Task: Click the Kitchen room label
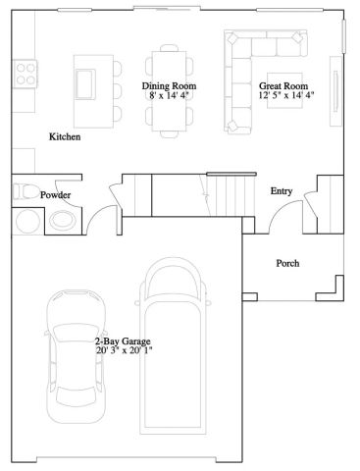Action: point(65,136)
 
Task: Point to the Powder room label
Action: point(55,195)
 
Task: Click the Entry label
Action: point(282,190)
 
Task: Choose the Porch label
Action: point(287,263)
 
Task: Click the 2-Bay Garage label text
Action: point(123,340)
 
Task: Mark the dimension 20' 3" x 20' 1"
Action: point(125,350)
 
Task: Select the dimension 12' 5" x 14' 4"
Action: point(286,97)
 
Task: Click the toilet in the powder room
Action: point(26,192)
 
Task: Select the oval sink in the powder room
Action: point(62,221)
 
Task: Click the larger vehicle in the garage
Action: point(176,353)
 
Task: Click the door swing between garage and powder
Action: point(98,225)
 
